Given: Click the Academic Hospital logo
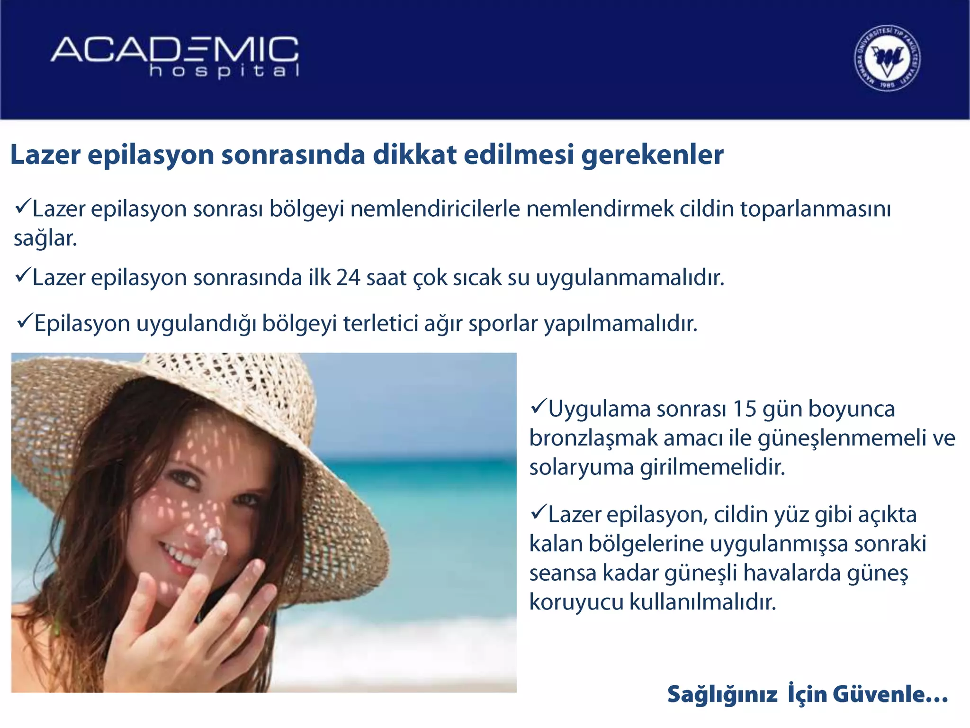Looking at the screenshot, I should (175, 57).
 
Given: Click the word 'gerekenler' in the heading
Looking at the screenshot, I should (652, 155).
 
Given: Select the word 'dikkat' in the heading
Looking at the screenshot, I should (414, 155).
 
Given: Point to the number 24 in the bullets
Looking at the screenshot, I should (348, 278).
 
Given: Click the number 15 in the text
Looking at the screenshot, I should (745, 409).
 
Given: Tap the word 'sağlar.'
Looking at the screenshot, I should (45, 238).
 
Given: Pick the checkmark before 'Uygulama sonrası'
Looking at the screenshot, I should (539, 406).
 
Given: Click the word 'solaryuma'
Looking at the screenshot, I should (582, 467).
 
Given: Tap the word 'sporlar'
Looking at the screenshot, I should (503, 324).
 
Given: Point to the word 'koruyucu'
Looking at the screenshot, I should (576, 602).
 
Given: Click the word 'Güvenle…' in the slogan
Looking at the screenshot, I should (890, 694).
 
